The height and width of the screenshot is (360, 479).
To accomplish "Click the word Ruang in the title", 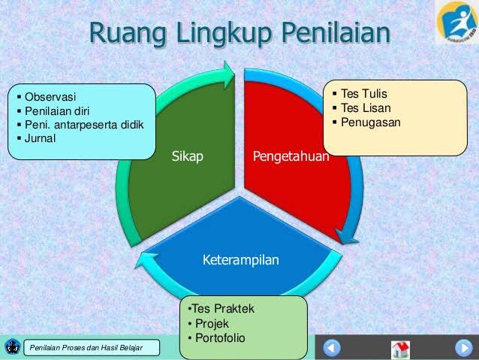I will click(128, 34).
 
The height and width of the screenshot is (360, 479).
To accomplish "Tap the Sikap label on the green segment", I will click(188, 156).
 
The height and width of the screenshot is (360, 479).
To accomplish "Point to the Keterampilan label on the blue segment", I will click(240, 260).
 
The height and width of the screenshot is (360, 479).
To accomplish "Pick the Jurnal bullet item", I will click(41, 138).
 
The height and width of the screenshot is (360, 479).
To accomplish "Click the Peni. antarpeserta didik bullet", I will click(83, 124).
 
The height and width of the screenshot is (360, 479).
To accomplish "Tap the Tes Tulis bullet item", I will click(364, 94).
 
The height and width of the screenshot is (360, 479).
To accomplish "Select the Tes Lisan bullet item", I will click(366, 107).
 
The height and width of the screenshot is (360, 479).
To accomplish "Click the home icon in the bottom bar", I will click(401, 349).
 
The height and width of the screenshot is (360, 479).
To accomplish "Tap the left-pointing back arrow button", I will click(333, 348).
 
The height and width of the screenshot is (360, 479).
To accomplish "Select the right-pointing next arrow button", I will click(463, 348).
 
